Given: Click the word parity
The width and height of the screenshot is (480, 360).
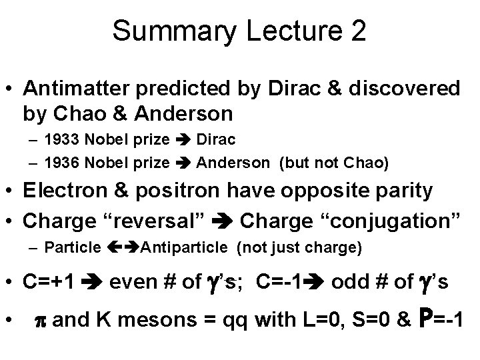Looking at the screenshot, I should (404, 189).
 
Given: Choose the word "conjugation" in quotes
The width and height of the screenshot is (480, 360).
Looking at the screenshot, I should (379, 218).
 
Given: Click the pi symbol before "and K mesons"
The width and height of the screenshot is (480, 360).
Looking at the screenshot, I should (40, 320).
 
